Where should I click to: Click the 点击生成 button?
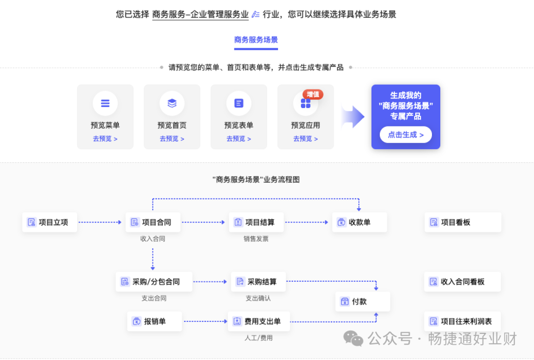405,135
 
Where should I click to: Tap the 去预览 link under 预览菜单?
105,139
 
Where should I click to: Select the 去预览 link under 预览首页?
172,139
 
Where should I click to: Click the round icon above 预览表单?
239,103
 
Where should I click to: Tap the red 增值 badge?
312,94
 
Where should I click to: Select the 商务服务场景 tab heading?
256,40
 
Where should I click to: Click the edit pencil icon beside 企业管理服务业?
255,14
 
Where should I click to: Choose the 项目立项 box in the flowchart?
49,223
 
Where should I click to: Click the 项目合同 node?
152,223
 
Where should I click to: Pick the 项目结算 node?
256,223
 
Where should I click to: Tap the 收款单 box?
359,223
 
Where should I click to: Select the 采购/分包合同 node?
154,282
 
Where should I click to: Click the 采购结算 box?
259,282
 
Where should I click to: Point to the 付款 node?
362,302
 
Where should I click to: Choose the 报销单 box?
154,321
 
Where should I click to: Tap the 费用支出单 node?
259,321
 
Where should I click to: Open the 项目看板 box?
462,223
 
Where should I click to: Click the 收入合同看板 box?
462,282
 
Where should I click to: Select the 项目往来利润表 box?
462,321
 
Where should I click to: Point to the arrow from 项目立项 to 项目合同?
100,223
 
